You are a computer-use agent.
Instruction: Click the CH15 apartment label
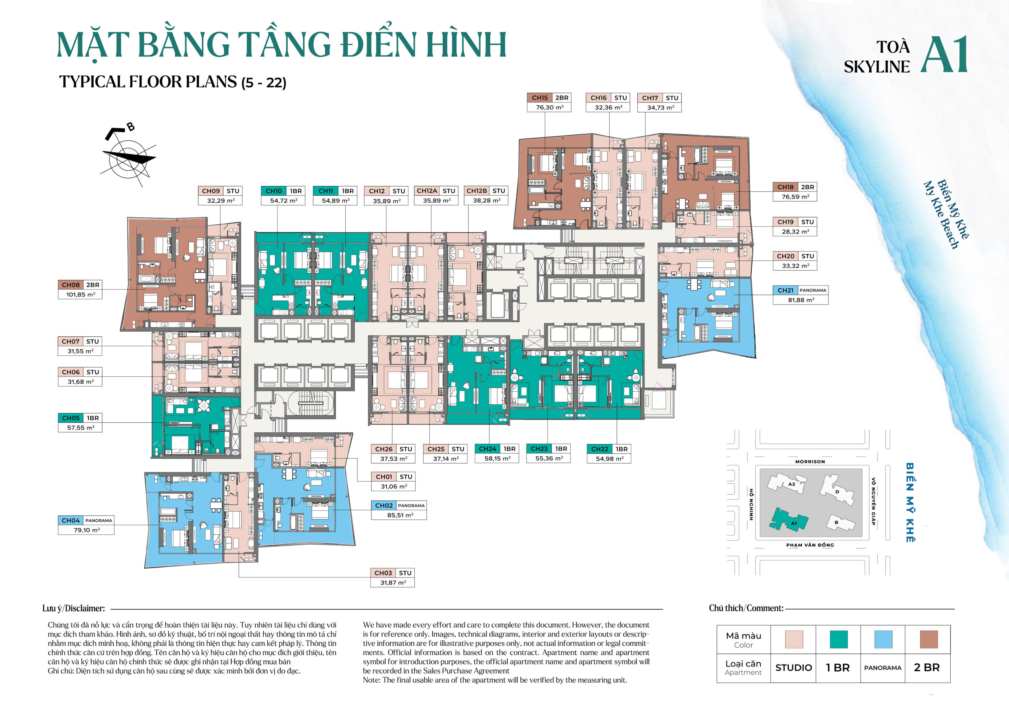point(540,98)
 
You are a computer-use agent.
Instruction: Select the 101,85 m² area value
point(80,295)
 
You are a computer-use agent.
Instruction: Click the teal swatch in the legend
point(838,639)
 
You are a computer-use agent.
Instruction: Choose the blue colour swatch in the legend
point(883,639)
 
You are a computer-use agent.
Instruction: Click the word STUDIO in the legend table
point(793,667)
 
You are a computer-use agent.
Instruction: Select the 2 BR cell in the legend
point(927,667)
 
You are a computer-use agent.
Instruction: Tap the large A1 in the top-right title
point(944,54)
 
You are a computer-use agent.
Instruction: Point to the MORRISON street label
point(810,462)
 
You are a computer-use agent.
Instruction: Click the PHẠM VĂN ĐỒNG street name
point(810,545)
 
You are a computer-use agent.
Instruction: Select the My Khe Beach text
point(940,215)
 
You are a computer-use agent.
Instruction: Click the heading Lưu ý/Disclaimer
point(73,608)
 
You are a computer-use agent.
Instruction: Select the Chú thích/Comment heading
point(746,608)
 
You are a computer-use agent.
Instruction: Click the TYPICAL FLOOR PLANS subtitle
point(173,82)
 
